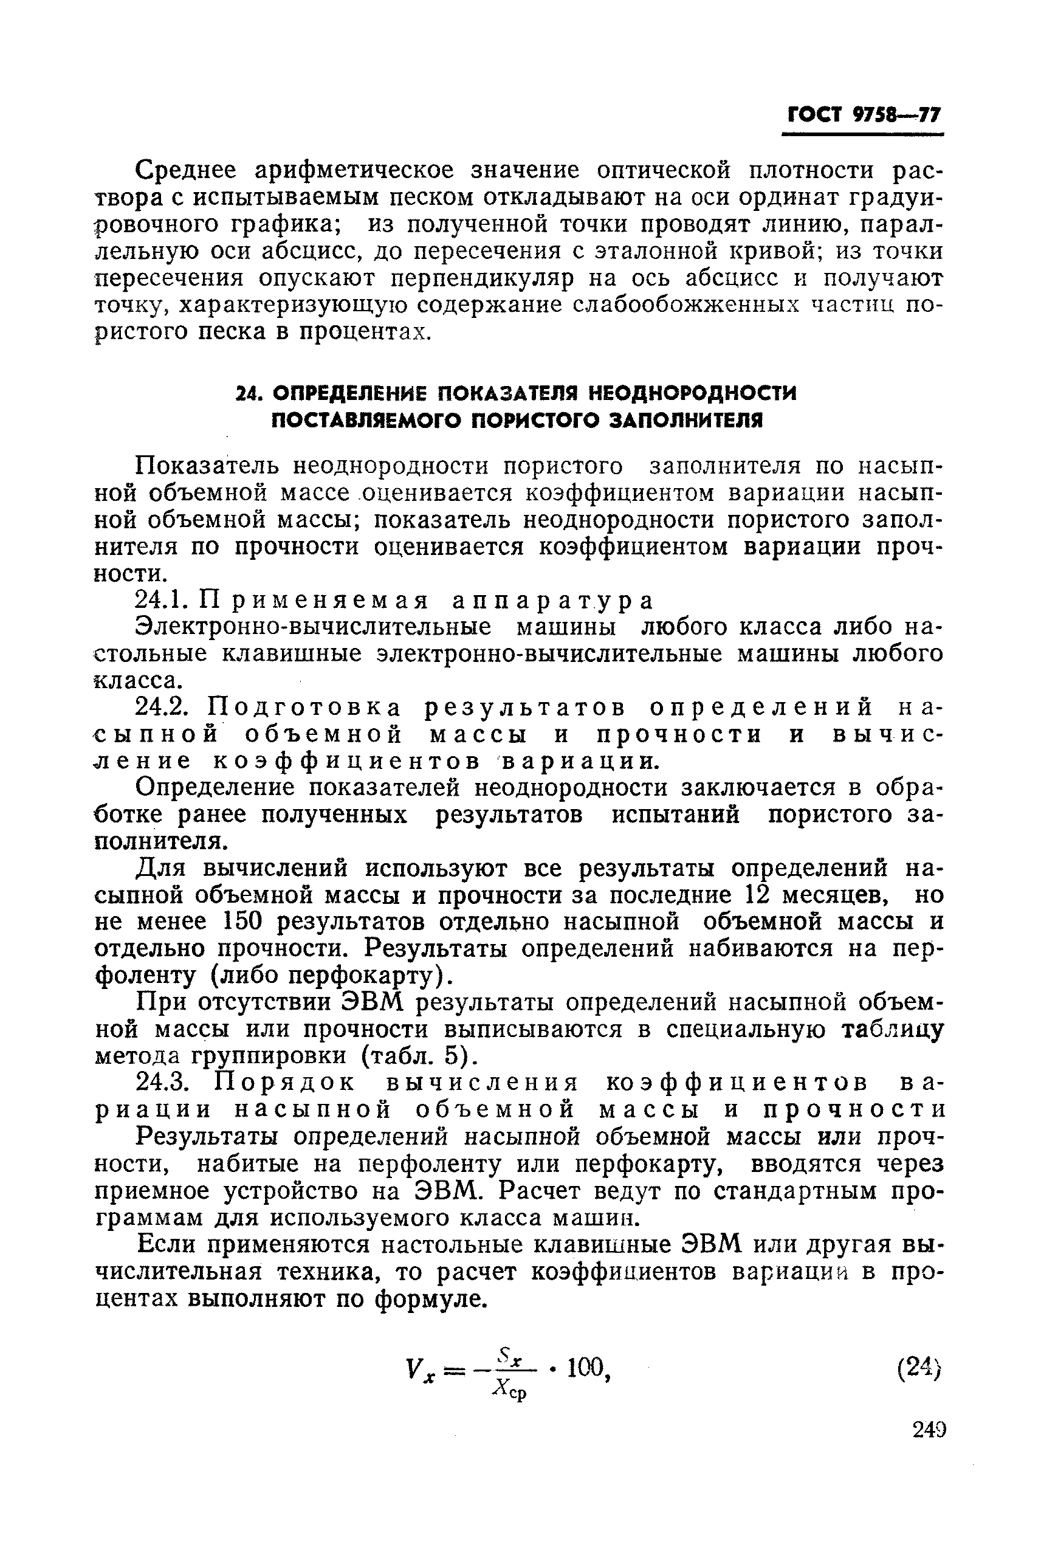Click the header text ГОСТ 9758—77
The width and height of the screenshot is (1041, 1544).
pyautogui.click(x=864, y=115)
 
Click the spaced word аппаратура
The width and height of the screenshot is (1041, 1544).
pyautogui.click(x=552, y=601)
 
